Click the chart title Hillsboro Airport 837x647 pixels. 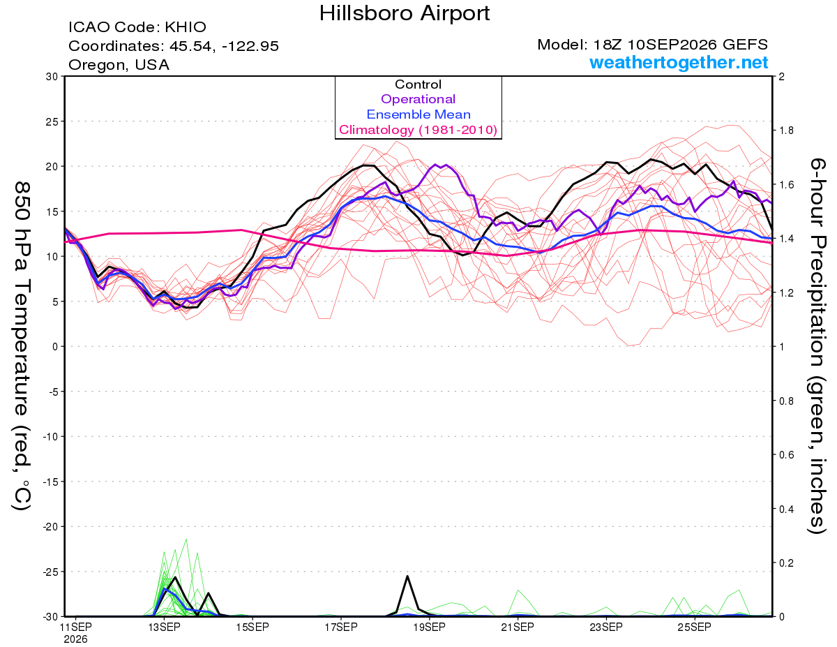(405, 13)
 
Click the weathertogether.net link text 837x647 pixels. (679, 62)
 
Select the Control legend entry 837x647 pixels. (418, 84)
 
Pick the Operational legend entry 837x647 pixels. (418, 99)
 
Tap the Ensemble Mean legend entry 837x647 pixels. (418, 114)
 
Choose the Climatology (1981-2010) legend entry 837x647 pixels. (418, 130)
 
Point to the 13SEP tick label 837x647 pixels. (164, 627)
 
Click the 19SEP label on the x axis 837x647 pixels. (429, 627)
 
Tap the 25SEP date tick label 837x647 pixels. (694, 627)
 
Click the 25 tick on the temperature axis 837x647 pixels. (52, 121)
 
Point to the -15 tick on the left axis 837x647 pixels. (50, 482)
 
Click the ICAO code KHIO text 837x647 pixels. (137, 27)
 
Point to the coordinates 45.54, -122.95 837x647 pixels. (224, 46)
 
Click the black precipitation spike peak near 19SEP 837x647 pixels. (407, 576)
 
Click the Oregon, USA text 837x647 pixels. (119, 65)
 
